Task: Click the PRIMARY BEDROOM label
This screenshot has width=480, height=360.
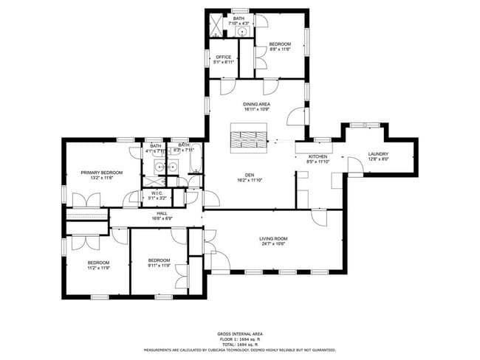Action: (102, 172)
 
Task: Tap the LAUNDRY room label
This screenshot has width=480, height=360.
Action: (378, 153)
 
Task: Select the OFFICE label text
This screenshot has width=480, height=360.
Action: (223, 57)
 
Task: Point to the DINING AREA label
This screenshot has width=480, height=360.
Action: (256, 104)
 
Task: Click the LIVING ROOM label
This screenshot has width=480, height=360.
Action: (272, 238)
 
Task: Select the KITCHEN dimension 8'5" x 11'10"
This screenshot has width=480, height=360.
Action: (318, 162)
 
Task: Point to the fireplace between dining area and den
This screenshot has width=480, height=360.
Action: (248, 139)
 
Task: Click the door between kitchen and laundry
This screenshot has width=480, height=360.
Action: (354, 166)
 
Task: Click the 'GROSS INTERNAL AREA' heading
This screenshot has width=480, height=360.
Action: (239, 333)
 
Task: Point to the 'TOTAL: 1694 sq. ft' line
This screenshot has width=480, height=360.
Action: (239, 344)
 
